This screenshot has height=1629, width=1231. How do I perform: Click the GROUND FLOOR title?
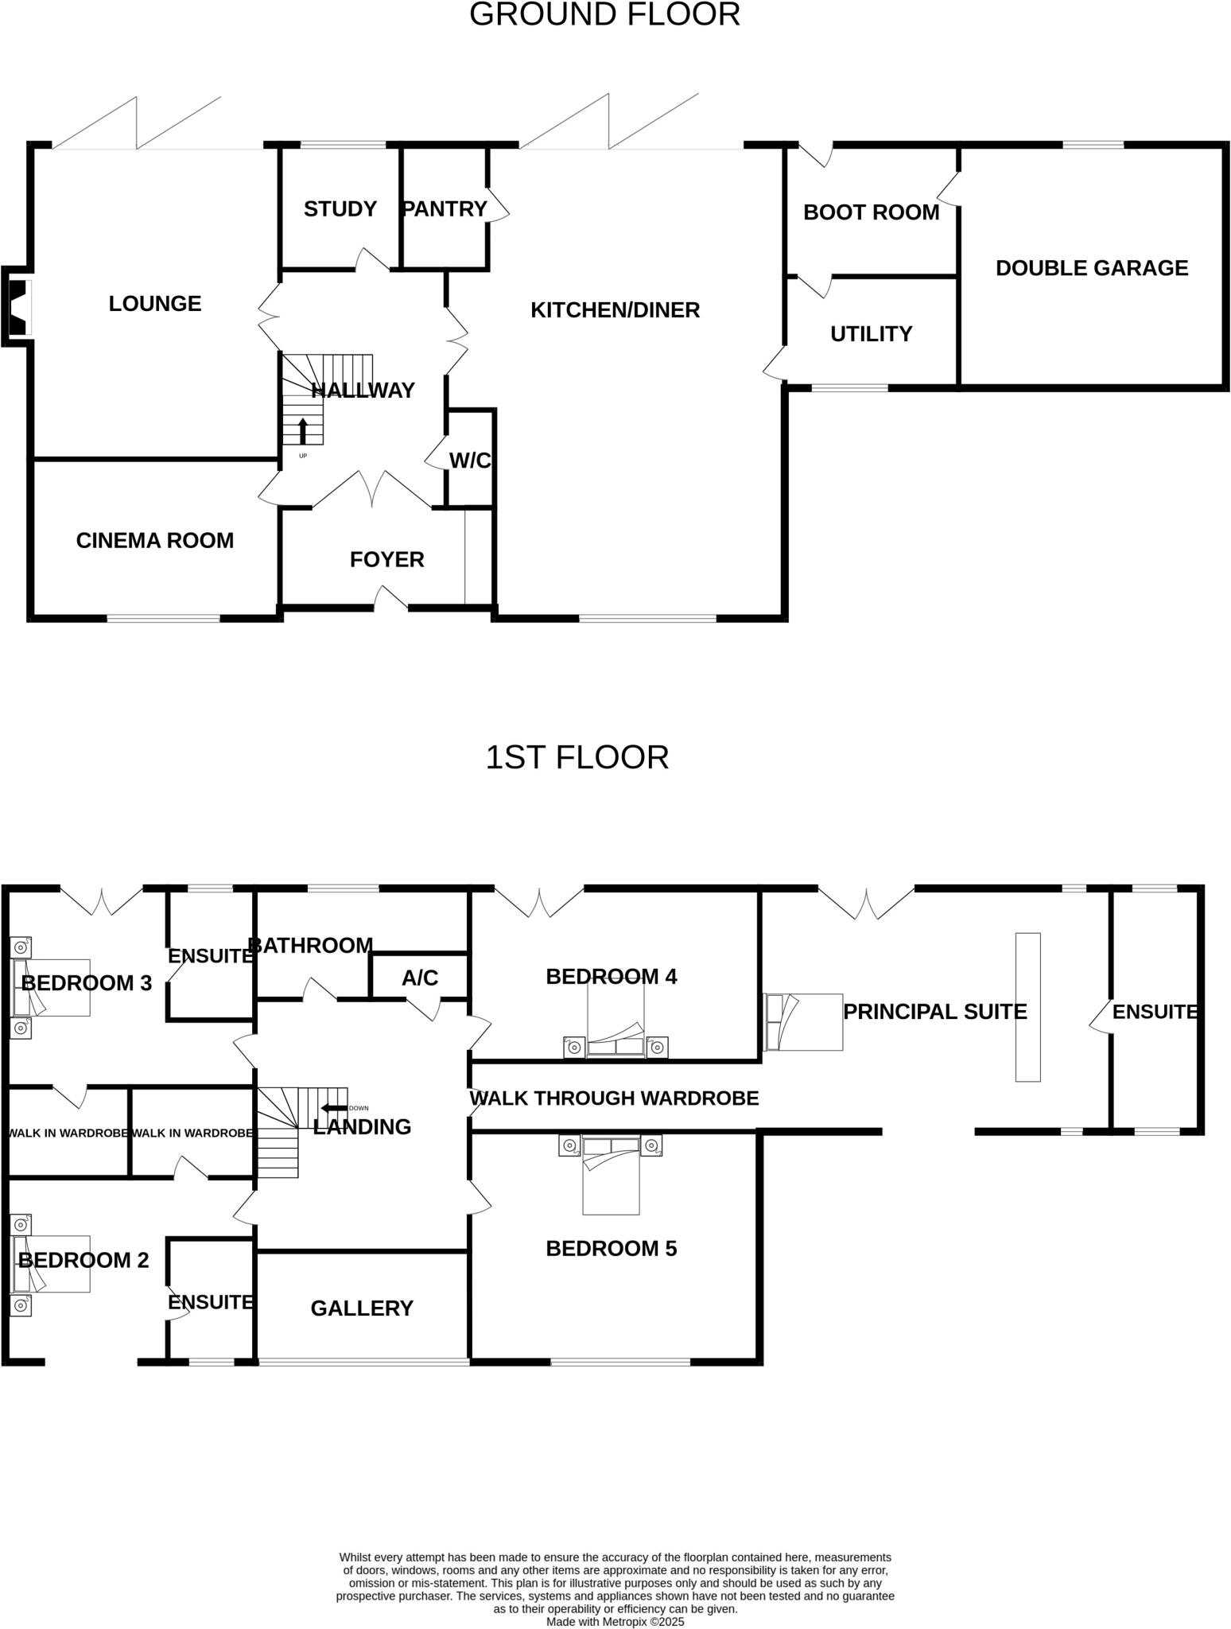click(x=604, y=14)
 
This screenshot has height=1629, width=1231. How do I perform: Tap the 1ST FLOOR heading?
click(x=577, y=757)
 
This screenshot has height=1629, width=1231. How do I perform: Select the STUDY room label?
click(x=340, y=208)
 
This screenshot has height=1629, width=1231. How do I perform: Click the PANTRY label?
click(x=445, y=208)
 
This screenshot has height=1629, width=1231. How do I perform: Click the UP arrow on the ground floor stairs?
click(x=302, y=431)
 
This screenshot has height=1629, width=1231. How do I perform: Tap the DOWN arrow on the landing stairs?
click(x=334, y=1108)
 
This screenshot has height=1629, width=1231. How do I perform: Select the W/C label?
click(x=470, y=461)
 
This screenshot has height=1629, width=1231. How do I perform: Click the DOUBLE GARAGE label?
click(x=1091, y=268)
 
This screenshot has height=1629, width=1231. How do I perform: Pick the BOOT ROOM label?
click(x=871, y=212)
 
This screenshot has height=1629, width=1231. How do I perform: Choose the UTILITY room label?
click(x=871, y=334)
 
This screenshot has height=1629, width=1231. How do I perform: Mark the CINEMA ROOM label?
click(x=155, y=541)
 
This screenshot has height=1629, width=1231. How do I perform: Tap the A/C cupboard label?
click(x=420, y=978)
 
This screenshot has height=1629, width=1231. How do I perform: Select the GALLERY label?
click(x=362, y=1308)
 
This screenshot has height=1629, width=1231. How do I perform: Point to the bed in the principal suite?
click(x=803, y=1022)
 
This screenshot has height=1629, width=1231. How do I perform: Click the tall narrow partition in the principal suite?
click(x=1027, y=1007)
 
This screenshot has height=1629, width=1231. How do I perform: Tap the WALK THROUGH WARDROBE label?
click(x=614, y=1098)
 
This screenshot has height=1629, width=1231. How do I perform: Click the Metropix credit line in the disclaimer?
click(x=615, y=1622)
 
